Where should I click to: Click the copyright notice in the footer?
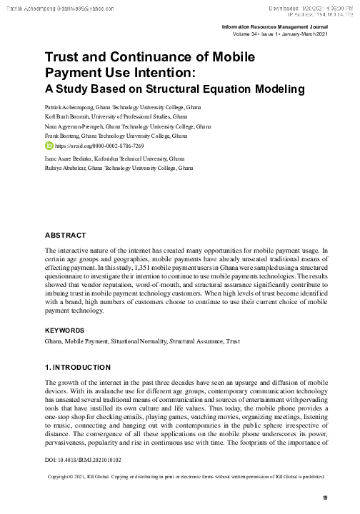pos(185,475)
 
